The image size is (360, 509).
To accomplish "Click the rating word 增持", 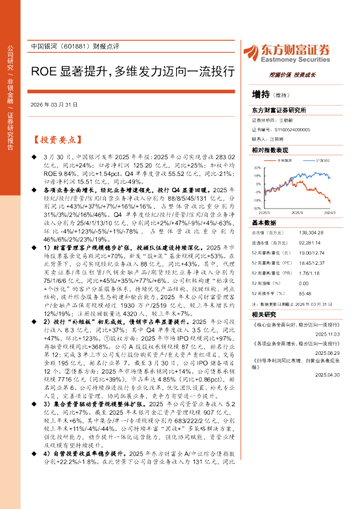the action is click(260, 94).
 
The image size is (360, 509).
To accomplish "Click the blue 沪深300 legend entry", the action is click(322, 161).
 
